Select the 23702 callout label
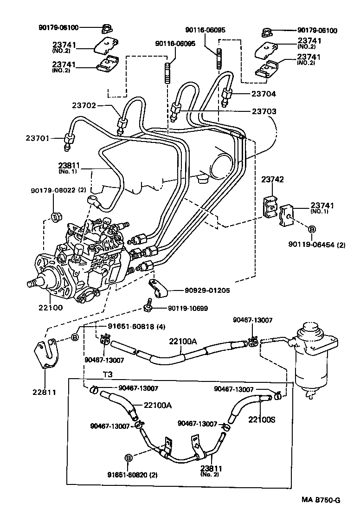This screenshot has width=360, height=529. click(x=84, y=105)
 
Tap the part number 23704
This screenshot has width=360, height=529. click(x=264, y=94)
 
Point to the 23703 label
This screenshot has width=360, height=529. click(x=264, y=111)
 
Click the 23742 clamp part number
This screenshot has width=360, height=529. click(x=272, y=180)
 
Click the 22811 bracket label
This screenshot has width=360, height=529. click(x=44, y=392)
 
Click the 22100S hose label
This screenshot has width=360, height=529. click(x=262, y=419)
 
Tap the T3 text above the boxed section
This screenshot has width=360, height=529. click(x=108, y=374)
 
